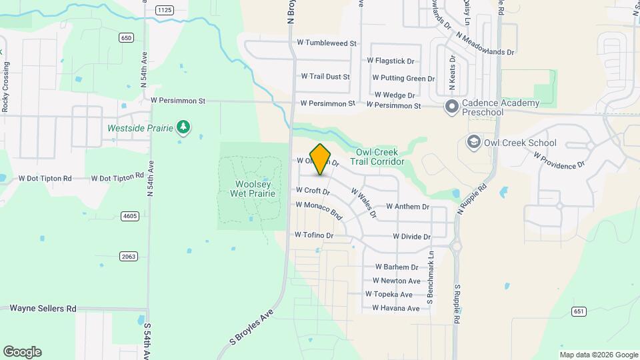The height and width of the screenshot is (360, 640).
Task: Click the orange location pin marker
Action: click(x=321, y=159)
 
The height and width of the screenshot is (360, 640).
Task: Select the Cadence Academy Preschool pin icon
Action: click(x=451, y=105)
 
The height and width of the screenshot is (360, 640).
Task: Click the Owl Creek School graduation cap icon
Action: click(x=473, y=142)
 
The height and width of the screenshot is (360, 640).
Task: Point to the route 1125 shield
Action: click(x=165, y=9)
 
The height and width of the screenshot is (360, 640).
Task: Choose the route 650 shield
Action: click(x=126, y=38)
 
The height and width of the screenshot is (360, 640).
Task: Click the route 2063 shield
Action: click(x=128, y=256)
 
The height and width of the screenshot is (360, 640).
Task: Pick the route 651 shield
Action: click(x=579, y=311)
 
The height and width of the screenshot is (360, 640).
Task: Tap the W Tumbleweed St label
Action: click(x=327, y=43)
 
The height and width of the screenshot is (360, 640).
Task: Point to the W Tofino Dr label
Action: click(x=314, y=235)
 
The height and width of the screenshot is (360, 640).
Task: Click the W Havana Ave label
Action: click(x=396, y=308)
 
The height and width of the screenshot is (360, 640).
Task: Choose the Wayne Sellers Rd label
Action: click(x=43, y=309)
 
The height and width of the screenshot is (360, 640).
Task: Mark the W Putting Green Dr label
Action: click(x=401, y=79)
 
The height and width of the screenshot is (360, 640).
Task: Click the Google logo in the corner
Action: click(x=22, y=352)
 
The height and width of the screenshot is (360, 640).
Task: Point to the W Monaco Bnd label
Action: click(x=319, y=211)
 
